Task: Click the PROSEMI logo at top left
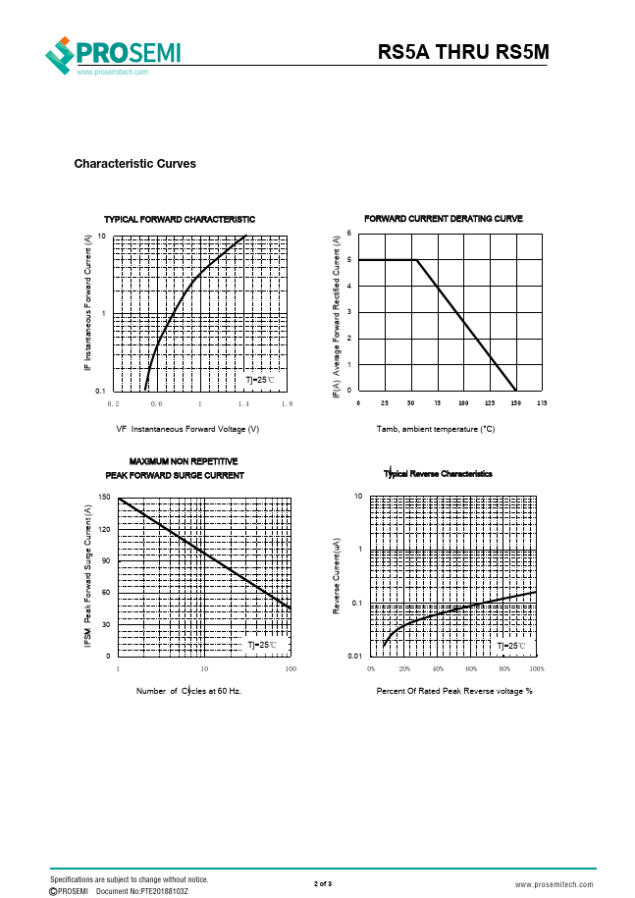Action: (x=114, y=54)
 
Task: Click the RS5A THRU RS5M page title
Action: (x=462, y=53)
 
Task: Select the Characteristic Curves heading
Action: (x=134, y=164)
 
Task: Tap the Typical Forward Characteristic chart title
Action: (x=180, y=219)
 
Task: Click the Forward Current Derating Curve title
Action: (x=444, y=218)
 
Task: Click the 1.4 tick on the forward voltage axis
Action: (x=243, y=403)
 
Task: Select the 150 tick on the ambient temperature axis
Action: (x=515, y=403)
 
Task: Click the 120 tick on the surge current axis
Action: (x=105, y=530)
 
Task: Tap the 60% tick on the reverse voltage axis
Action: (x=471, y=667)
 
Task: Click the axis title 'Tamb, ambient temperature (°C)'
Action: (x=436, y=429)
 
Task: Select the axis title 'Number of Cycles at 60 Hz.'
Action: (x=188, y=691)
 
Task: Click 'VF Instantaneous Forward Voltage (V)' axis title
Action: (x=187, y=429)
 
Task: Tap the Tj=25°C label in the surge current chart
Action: (x=261, y=645)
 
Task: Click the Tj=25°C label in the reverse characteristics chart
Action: (x=510, y=645)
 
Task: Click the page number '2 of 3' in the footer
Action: (x=323, y=884)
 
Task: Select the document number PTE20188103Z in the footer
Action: (x=142, y=891)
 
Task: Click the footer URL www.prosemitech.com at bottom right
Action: (x=552, y=884)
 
